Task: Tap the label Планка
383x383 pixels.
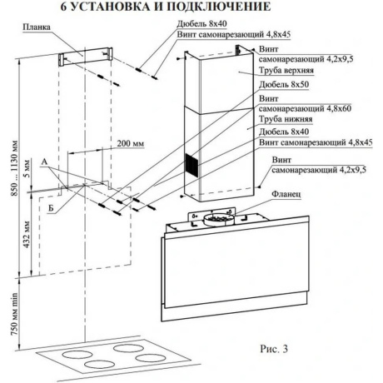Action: point(37,27)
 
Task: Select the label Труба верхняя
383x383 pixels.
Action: point(286,70)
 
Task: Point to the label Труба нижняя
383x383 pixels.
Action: point(286,119)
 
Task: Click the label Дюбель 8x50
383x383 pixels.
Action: point(284,84)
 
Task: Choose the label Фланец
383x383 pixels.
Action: point(286,194)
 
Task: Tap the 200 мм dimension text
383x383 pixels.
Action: point(131,143)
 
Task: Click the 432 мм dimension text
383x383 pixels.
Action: point(27,235)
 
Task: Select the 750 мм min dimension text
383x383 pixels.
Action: point(14,314)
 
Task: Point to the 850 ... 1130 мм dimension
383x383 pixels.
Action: point(14,168)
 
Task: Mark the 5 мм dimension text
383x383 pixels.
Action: point(27,168)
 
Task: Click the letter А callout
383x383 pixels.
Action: point(44,162)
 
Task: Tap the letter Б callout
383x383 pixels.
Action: point(51,208)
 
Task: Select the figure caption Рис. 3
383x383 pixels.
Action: point(274,349)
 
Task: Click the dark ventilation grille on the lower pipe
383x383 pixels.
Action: point(191,165)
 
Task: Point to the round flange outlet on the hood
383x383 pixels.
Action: point(218,219)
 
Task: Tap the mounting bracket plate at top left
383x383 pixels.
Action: point(85,57)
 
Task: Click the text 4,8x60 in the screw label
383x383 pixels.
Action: point(336,108)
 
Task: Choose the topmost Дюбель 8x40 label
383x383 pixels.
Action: point(202,24)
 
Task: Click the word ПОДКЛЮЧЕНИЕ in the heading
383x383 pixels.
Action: point(219,7)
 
